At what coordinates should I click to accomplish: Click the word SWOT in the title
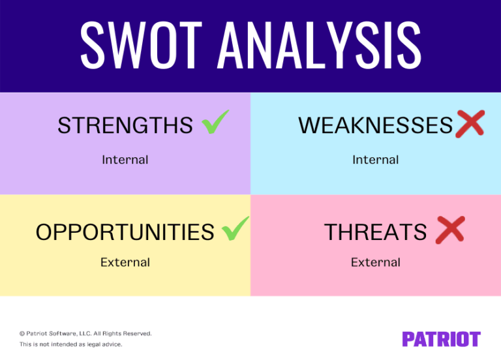coord(143,44)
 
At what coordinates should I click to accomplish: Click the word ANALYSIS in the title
coord(320,44)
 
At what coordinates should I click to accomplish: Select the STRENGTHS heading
coord(125,125)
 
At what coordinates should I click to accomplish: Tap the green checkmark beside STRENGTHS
coord(215,122)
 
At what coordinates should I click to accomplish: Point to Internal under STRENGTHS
coord(125,160)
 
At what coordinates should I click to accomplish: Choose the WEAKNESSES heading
coord(375,125)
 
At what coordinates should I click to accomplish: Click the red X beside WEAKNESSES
coord(470,123)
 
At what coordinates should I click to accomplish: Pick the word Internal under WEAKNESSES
coord(375,160)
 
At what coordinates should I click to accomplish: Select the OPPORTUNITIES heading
coord(125,232)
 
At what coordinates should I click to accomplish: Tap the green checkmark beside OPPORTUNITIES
coord(235,228)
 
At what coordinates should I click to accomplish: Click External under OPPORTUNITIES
coord(125,263)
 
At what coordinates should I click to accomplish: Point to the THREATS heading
coord(375,232)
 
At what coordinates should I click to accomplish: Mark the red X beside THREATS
coord(449,230)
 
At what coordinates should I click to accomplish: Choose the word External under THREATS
coord(375,263)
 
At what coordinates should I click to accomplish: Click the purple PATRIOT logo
coord(441,339)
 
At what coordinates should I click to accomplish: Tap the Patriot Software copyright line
coord(85,333)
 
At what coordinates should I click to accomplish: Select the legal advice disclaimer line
coord(70,344)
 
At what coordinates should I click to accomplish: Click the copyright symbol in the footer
coord(22,333)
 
